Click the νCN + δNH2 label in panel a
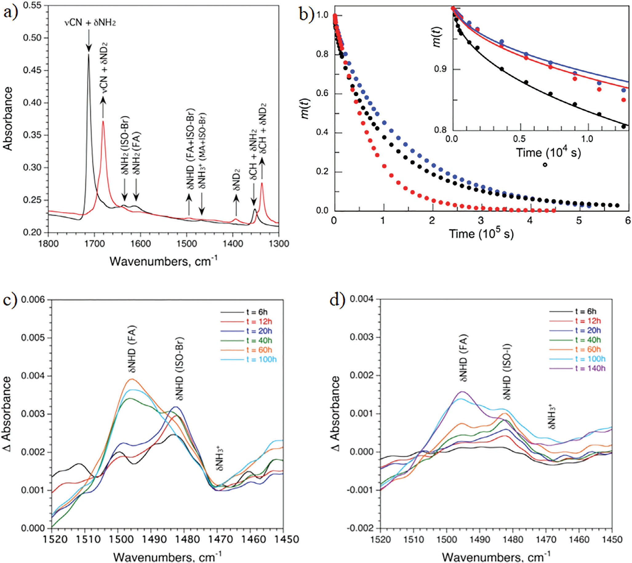click(90, 23)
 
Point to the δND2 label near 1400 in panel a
click(236, 177)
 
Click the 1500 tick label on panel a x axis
click(186, 244)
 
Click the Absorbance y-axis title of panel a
click(8, 119)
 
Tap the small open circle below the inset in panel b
click(545, 165)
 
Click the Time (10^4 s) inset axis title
click(548, 153)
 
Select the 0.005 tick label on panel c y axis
click(32, 337)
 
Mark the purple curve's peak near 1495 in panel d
click(463, 392)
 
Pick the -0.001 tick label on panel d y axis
click(360, 490)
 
